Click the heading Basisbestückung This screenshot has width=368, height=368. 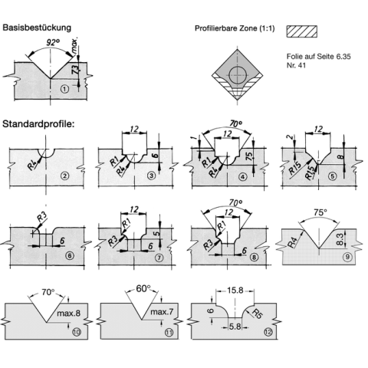pos(37,28)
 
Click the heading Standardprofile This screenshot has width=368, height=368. pos(38,124)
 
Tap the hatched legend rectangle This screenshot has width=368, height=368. pos(302,31)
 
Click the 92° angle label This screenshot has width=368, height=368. pos(53,43)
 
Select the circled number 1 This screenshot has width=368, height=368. pos(65,89)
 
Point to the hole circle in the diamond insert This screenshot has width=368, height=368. pos(238,75)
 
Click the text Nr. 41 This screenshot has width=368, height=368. pos(296,65)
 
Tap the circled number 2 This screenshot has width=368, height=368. pos(65,176)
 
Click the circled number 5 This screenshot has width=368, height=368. pos(332,176)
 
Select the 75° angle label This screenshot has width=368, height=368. pos(320,212)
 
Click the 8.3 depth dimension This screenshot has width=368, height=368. pos(340,238)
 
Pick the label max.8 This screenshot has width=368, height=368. pos(68,313)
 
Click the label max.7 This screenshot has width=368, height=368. pos(162,312)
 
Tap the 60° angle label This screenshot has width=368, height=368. pos(143,288)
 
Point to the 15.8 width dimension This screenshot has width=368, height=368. pos(235,291)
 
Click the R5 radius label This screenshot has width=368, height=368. pos(257,314)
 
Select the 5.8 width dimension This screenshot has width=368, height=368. pos(235,327)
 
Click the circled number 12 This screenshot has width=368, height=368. pos(268,332)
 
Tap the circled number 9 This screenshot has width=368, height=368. pos(347,257)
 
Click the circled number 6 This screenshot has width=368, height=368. pos(70,255)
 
